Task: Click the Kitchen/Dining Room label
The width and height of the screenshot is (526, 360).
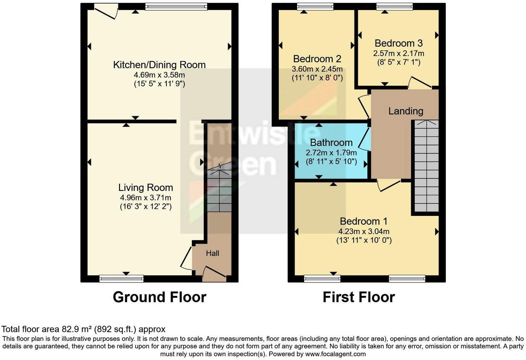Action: pos(159,65)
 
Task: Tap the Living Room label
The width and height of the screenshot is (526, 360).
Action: pos(145,187)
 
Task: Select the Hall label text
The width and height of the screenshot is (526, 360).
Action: pos(212,253)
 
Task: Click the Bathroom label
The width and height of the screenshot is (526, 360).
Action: pos(331,142)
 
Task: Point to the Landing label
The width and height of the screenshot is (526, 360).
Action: pos(406,111)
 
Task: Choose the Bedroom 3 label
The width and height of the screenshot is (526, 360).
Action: pos(398,43)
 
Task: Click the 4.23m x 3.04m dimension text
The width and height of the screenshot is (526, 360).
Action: pos(364,231)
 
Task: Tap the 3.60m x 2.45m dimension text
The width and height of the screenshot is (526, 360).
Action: pos(317,69)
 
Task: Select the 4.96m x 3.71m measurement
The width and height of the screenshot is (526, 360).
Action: pos(145,198)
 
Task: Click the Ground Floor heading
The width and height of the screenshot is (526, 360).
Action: pos(160,297)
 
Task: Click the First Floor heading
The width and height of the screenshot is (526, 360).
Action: pos(359,297)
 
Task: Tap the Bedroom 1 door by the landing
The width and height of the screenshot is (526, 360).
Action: pos(389,185)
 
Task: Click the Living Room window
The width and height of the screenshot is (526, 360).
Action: pos(121,278)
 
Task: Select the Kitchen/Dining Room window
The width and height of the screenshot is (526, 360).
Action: pos(176,7)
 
